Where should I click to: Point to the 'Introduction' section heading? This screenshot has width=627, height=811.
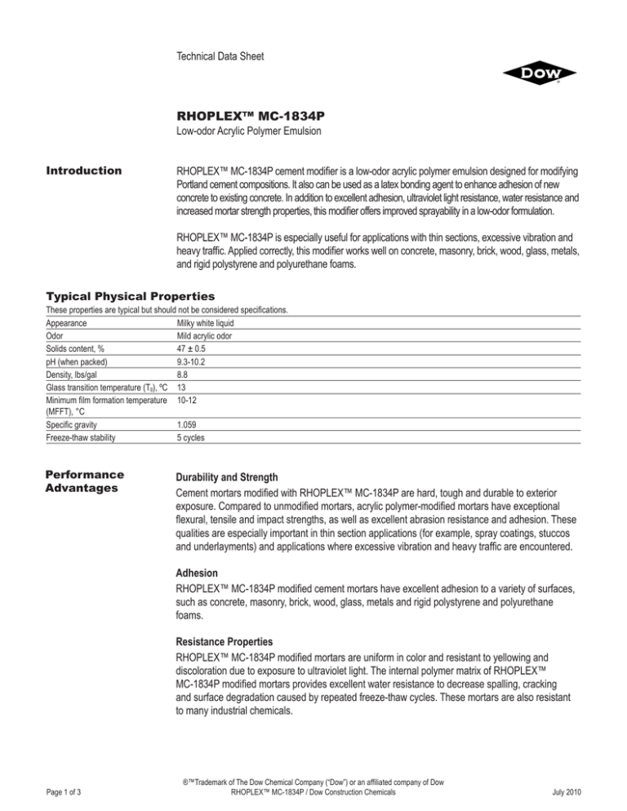click(x=83, y=171)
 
